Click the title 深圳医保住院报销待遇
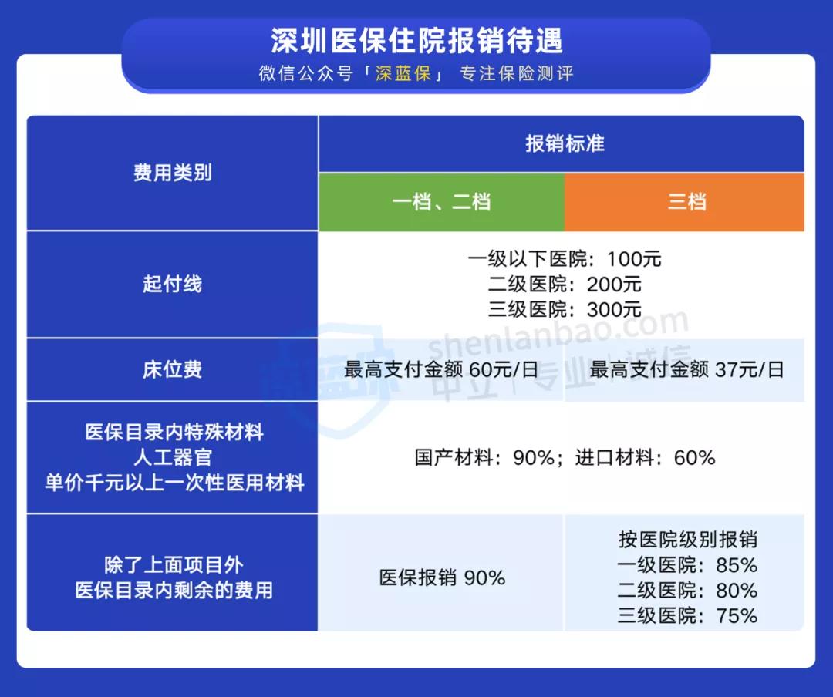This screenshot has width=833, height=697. click(416, 40)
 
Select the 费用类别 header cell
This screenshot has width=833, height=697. click(172, 173)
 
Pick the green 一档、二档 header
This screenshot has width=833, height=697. click(441, 202)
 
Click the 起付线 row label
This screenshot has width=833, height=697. click(172, 284)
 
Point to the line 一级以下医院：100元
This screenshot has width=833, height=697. click(565, 259)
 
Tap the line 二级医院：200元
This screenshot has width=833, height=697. click(565, 284)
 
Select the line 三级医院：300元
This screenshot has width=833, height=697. click(565, 309)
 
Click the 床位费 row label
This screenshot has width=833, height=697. click(172, 369)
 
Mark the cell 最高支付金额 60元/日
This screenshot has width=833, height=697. click(441, 369)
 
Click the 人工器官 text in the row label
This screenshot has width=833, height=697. click(172, 457)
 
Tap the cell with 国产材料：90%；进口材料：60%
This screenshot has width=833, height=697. click(565, 457)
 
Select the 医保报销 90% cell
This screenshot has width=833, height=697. click(442, 577)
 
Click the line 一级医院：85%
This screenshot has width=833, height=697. click(687, 565)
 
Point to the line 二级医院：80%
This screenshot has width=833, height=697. click(687, 591)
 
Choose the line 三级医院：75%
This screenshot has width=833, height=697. click(687, 615)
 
